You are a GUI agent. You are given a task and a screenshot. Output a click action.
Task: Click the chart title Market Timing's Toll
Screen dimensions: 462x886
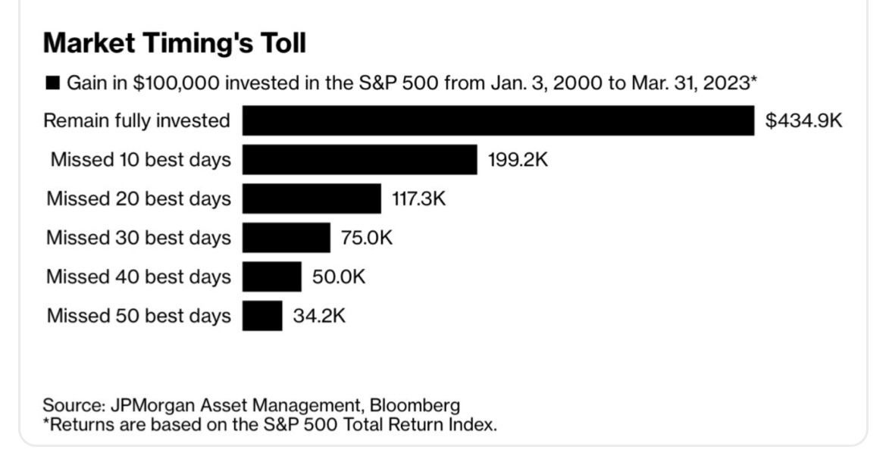coord(174,43)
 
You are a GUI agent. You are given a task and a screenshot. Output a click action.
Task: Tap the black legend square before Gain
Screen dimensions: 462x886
coord(52,83)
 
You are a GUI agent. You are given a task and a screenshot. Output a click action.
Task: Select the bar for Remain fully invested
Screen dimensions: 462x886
coord(498,120)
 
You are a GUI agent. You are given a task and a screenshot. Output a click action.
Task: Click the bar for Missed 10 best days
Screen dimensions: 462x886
coord(360,160)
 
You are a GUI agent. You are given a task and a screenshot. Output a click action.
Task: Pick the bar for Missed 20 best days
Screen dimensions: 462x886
coord(312,199)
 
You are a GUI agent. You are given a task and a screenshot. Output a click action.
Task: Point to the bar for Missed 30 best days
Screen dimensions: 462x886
coord(286,238)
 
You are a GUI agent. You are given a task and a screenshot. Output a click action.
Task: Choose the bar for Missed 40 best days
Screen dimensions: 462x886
coord(271,277)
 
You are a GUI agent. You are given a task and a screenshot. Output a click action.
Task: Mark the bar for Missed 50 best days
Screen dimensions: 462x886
coord(262,316)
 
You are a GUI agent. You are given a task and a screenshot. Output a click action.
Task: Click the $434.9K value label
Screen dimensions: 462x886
coord(803,120)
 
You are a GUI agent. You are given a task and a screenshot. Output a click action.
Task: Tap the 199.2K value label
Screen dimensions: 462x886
coord(518,160)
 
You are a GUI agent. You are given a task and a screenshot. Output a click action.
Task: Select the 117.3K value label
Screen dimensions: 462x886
coord(419,199)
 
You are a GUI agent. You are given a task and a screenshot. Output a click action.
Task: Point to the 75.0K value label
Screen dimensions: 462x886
coord(367,238)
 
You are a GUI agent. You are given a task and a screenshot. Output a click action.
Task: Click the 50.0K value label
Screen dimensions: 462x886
coord(338,277)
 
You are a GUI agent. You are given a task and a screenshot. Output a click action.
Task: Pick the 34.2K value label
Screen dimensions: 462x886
coord(319,316)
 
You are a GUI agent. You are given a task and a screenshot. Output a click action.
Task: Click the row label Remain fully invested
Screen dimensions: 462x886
coord(136,120)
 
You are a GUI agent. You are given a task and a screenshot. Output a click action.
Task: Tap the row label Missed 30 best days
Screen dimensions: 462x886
coord(139,238)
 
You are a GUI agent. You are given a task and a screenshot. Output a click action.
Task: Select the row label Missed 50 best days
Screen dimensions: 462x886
coord(139,316)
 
